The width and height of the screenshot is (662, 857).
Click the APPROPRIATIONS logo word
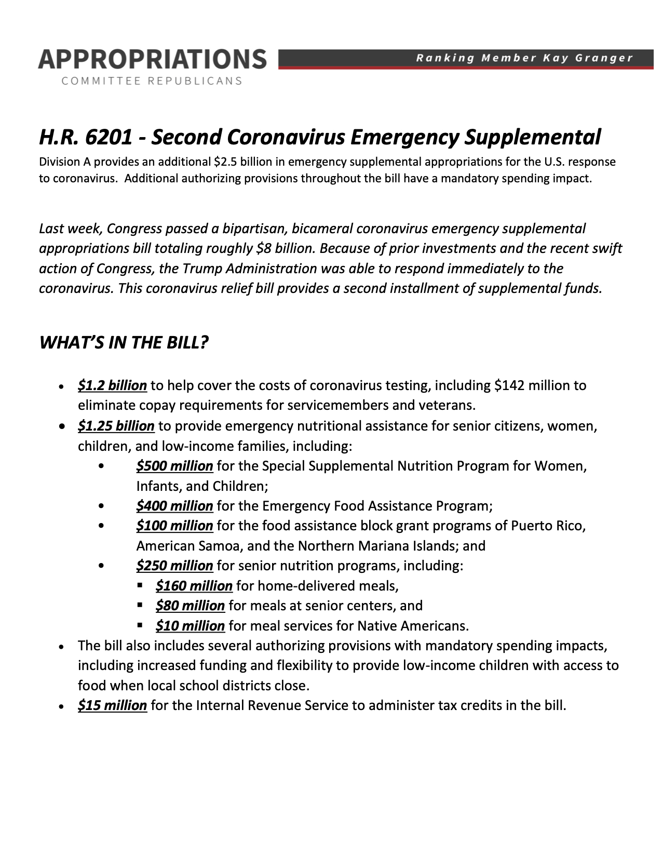(x=152, y=60)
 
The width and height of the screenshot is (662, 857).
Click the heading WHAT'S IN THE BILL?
(x=124, y=343)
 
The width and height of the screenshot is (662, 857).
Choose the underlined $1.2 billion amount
(x=112, y=385)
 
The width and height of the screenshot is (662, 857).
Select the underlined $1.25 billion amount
(x=116, y=426)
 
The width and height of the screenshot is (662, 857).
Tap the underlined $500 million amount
(x=174, y=466)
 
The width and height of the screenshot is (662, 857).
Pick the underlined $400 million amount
(x=174, y=506)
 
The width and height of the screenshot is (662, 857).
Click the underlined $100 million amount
(x=174, y=526)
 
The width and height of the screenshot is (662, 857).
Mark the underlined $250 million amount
(x=174, y=566)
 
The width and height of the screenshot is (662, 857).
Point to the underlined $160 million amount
(x=194, y=586)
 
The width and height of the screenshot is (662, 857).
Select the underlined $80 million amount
(x=190, y=606)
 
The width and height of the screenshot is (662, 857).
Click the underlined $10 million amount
(x=190, y=626)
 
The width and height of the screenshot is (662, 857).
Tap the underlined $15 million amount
(x=112, y=705)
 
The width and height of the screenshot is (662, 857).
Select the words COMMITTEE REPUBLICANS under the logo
(x=152, y=81)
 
